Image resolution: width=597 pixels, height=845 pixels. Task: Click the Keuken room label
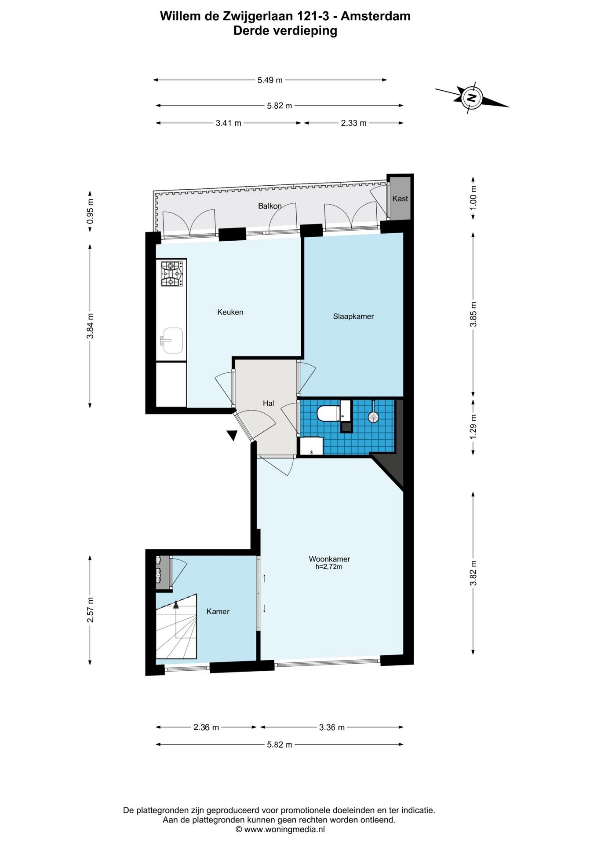click(x=230, y=312)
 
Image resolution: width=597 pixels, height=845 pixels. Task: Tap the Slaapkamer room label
click(x=353, y=316)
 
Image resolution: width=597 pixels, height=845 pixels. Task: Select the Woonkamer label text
click(x=329, y=559)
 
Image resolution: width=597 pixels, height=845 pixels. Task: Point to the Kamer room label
click(x=218, y=611)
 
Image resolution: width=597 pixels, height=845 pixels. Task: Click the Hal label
click(x=269, y=403)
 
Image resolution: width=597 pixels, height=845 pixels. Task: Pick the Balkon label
click(x=270, y=206)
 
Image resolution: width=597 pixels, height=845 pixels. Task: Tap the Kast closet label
click(x=400, y=198)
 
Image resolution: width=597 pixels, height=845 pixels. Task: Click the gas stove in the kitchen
click(x=171, y=274)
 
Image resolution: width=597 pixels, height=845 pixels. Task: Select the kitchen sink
click(x=172, y=341)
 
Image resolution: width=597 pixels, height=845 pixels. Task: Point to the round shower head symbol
click(x=373, y=416)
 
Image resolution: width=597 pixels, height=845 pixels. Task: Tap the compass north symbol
click(x=472, y=97)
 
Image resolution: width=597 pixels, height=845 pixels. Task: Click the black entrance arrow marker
click(x=232, y=435)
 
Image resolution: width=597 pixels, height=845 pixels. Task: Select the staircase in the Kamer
click(x=176, y=628)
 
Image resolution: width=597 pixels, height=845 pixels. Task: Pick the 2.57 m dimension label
click(x=91, y=610)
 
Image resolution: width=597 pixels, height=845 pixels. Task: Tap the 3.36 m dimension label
click(x=332, y=727)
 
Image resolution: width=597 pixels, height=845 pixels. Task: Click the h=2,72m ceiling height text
click(x=329, y=567)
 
